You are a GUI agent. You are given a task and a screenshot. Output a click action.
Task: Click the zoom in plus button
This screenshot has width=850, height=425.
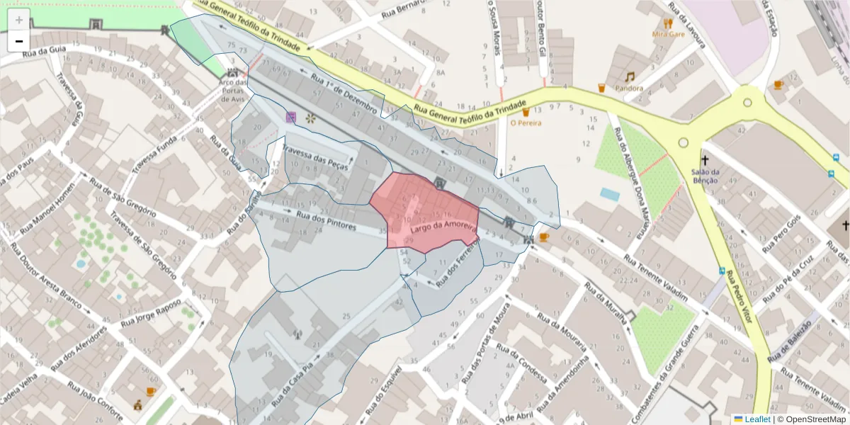tap(18, 20)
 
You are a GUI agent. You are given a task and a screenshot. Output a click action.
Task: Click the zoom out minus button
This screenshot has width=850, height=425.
tap(18, 41)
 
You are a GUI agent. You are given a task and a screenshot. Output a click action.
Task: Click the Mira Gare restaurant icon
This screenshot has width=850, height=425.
tap(668, 23)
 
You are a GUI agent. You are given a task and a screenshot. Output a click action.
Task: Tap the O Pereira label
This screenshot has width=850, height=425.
tap(526, 123)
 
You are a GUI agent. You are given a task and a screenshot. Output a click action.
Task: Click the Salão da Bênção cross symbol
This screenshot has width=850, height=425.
tap(705, 160)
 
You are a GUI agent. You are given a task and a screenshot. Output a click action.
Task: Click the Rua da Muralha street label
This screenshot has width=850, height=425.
tap(604, 302)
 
